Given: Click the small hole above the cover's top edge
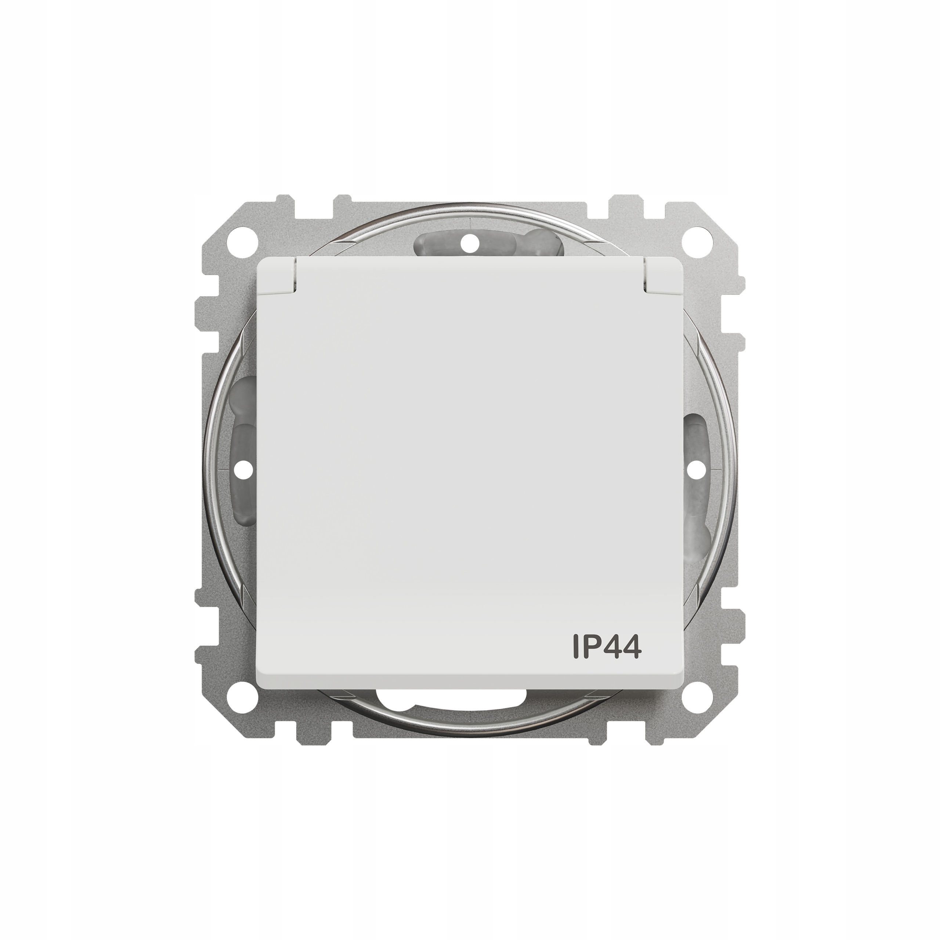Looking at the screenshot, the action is pos(470,241).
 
